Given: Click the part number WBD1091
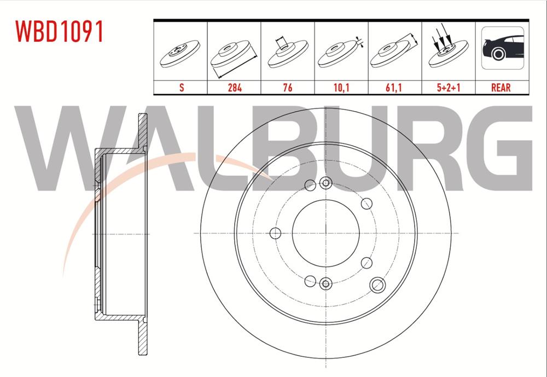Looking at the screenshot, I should point(60,32).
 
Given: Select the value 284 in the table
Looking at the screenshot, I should point(234,88).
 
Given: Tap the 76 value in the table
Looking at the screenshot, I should point(288,88).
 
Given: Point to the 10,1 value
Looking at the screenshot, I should point(341,88).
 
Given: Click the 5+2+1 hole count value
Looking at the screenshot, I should point(448,88).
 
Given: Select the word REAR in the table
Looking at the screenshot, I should point(502,88).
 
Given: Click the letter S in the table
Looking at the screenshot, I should point(181,88).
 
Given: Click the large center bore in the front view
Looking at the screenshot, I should point(325,233).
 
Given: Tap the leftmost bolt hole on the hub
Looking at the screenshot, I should point(276,234).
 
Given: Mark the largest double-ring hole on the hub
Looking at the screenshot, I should point(376,283).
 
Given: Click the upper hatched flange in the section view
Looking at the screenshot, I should point(143,131).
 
